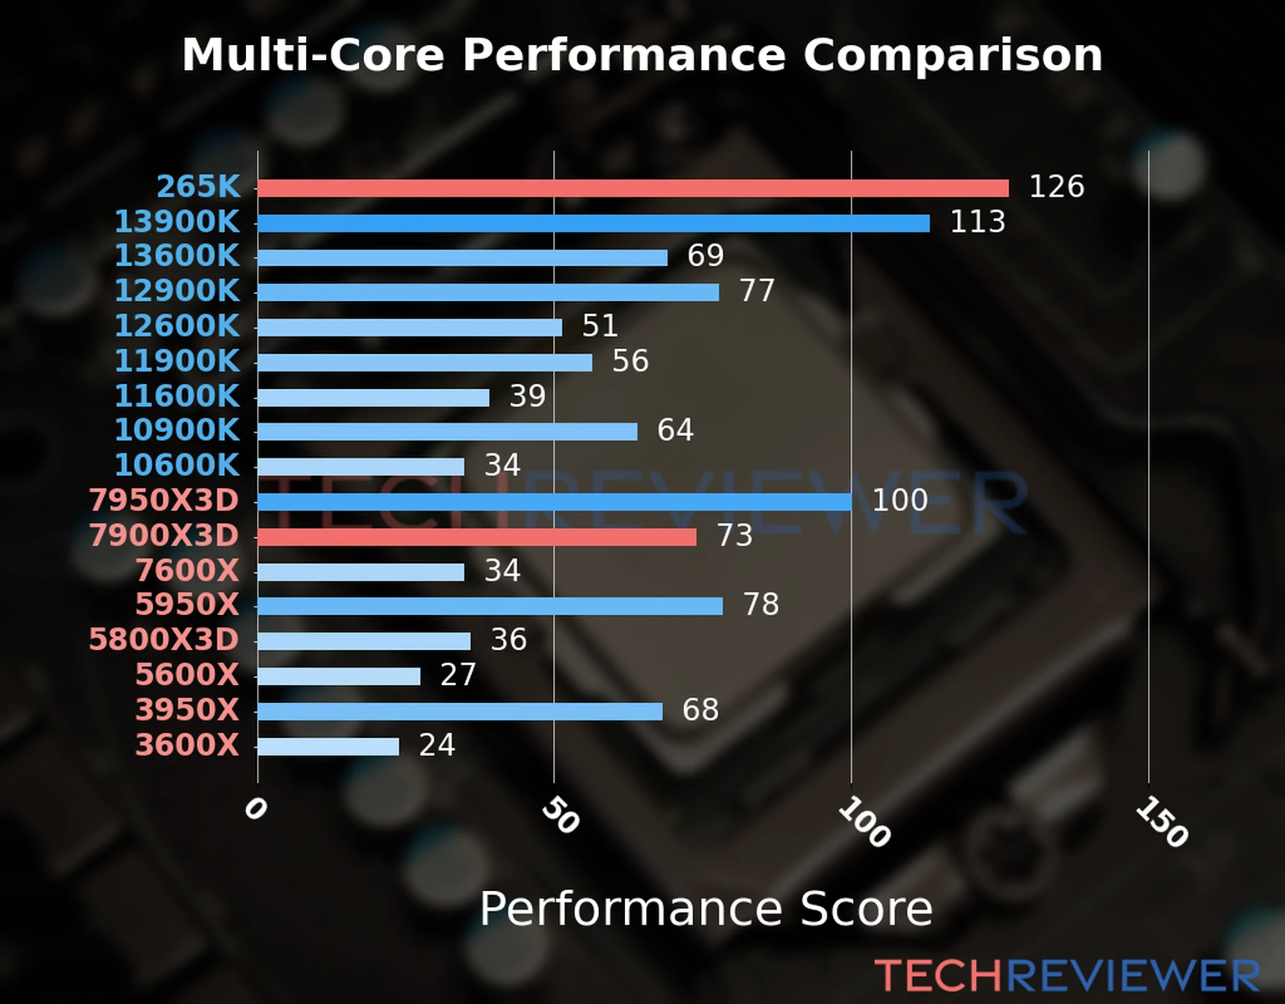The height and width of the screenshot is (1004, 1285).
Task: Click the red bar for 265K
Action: point(632,188)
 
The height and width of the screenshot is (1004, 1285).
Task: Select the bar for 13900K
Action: point(593,223)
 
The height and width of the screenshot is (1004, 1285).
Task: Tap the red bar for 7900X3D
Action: point(477,537)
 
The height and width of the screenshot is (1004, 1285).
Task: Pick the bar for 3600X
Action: point(328,746)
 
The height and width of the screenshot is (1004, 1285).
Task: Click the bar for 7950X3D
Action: point(554,502)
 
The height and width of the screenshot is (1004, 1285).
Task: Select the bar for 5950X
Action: point(489,606)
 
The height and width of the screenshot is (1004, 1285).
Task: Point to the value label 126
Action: point(1056,187)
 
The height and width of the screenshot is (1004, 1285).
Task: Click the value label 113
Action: point(977,222)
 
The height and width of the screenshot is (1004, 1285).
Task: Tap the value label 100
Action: point(899,500)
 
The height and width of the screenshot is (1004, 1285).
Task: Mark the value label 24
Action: point(437,745)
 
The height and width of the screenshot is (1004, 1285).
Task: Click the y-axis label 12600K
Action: point(177,325)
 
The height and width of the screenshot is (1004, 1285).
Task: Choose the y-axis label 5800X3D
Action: point(164,640)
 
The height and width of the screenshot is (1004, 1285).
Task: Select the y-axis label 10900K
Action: point(177,430)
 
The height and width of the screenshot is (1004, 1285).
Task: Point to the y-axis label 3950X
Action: point(187,709)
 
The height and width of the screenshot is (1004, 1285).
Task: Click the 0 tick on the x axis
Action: point(255,808)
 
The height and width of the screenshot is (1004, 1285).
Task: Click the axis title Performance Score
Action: point(705,909)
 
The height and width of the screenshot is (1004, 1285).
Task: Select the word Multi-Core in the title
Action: point(313,55)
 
